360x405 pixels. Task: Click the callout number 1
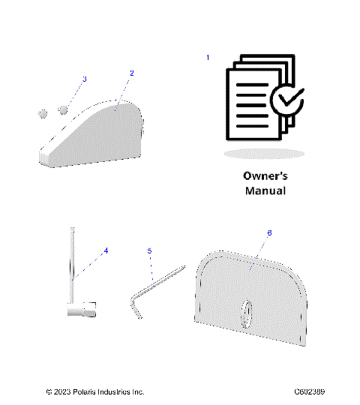[x=208, y=58]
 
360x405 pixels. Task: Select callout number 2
[x=132, y=73]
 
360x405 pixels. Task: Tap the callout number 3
[x=84, y=79]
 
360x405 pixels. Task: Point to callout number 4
[x=106, y=250]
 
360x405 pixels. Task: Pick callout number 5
[x=149, y=250]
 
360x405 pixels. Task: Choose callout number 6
[x=269, y=233]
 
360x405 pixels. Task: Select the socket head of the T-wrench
[x=84, y=307]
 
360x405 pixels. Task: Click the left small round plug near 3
[x=43, y=112]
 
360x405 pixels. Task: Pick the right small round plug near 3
[x=62, y=109]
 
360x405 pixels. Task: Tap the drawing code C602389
[x=309, y=391]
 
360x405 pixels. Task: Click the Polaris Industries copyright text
[x=95, y=391]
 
